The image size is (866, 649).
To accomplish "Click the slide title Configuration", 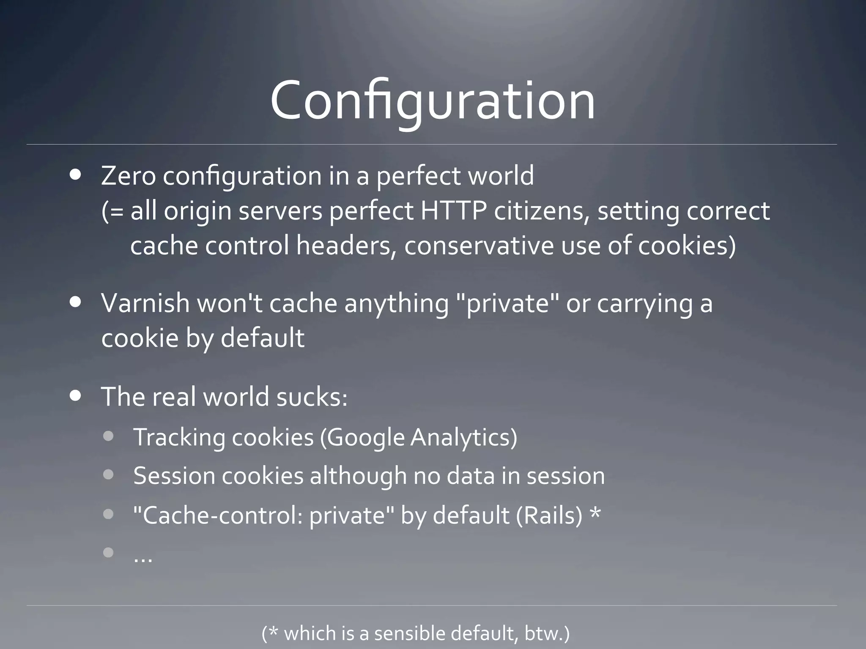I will point(433,101).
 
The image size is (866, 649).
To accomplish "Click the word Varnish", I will point(145,303).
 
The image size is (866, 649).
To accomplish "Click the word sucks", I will point(312,397).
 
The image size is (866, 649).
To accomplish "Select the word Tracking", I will point(179,437).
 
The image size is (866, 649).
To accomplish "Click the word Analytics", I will point(463,437).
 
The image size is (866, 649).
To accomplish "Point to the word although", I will point(358,476).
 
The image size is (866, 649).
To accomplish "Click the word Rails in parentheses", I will point(549,515).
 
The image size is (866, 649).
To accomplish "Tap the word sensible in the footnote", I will point(409,633).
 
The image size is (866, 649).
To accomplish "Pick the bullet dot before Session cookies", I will point(108,475).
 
